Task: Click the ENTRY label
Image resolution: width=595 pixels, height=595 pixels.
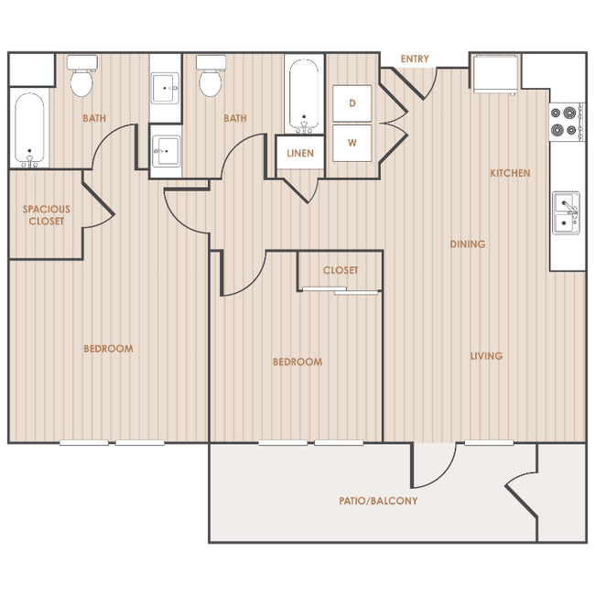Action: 415,59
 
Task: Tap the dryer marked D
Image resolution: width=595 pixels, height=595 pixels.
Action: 352,103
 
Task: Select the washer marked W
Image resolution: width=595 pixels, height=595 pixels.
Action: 352,143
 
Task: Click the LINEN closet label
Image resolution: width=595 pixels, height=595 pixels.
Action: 300,153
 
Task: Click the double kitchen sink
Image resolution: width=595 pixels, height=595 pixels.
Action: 566,213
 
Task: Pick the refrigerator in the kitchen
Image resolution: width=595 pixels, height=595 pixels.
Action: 495,73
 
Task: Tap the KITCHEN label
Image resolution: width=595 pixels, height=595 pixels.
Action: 510,173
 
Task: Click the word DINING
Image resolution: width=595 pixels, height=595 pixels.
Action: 468,244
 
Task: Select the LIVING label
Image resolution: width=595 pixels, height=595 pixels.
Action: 486,356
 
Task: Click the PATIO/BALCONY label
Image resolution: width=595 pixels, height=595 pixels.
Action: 378,501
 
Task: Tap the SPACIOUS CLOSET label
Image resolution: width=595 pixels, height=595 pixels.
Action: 47,215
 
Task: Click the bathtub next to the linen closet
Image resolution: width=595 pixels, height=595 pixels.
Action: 304,96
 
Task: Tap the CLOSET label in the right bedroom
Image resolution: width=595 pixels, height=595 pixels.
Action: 341,270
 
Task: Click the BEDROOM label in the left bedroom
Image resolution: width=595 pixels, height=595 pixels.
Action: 109,349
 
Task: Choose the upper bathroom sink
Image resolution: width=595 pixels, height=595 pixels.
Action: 166,88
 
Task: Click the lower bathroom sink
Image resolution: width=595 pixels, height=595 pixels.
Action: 167,151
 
